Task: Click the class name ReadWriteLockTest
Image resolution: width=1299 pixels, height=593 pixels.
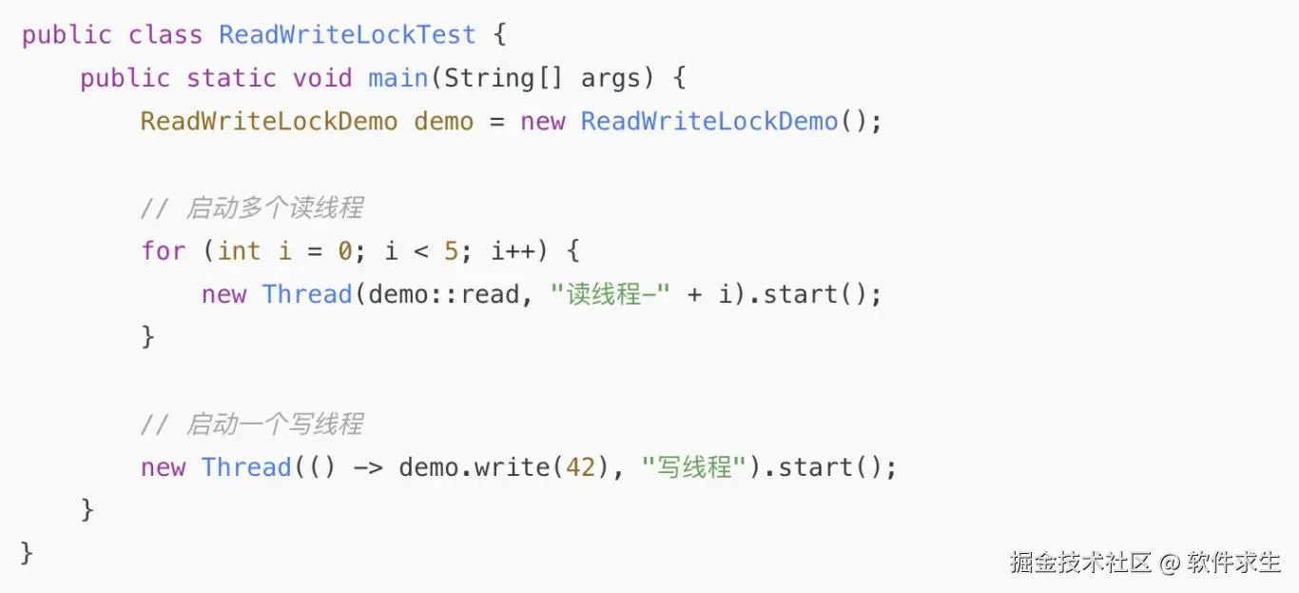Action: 347,35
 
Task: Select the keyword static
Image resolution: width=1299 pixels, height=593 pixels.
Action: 231,78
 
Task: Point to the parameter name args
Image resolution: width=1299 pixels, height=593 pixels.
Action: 611,78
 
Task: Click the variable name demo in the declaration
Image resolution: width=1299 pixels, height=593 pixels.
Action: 443,122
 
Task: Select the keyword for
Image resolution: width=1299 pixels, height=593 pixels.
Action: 164,251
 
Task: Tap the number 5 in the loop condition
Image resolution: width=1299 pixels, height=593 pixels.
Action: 452,251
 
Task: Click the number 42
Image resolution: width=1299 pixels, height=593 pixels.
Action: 580,467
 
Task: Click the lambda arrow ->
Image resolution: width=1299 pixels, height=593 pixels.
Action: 368,467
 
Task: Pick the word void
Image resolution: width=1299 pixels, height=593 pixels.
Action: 323,78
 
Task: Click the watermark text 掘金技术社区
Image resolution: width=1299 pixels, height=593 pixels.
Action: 1081,562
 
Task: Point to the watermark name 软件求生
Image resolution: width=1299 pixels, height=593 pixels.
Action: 1233,562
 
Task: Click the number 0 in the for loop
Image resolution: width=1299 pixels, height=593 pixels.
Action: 345,251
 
